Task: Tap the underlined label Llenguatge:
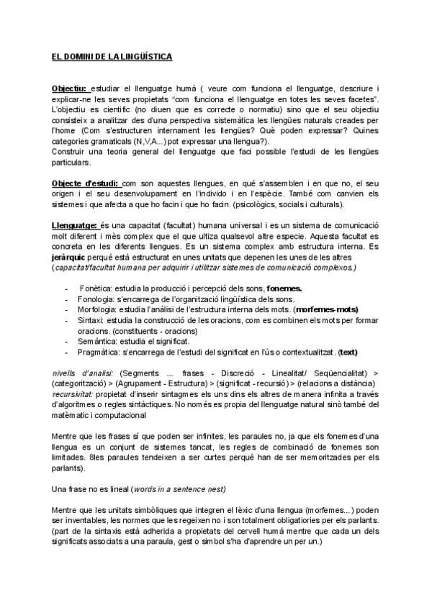tap(76, 226)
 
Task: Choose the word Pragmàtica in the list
tap(102, 352)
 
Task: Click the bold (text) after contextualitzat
tap(348, 352)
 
